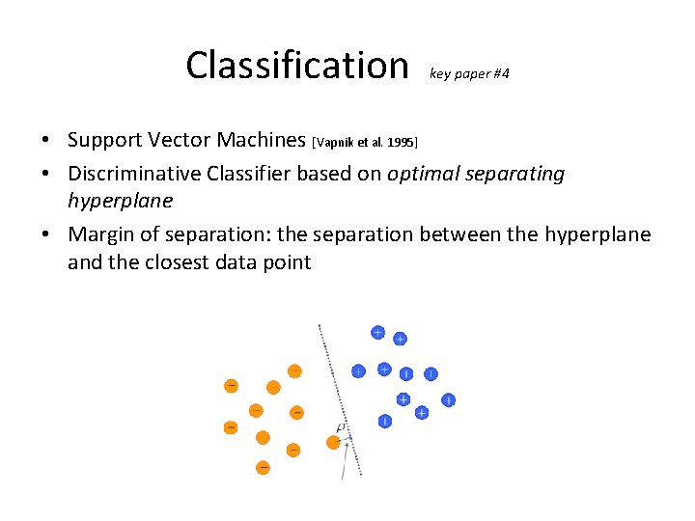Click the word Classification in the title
(x=297, y=66)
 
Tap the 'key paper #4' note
(x=469, y=73)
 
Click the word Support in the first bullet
(x=107, y=140)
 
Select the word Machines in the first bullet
(x=261, y=140)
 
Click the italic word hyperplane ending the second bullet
(x=120, y=201)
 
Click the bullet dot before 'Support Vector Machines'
(x=46, y=141)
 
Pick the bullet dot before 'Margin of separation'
(x=46, y=235)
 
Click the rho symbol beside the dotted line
(x=340, y=427)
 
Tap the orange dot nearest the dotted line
(x=334, y=442)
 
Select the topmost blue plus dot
(x=378, y=333)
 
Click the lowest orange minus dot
(x=263, y=468)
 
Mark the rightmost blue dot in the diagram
(x=449, y=399)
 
